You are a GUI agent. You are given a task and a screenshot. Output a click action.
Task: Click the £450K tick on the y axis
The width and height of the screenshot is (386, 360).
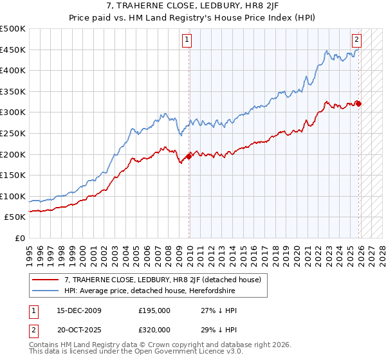tap(14, 50)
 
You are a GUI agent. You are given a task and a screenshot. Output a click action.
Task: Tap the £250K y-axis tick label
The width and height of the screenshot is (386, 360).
tap(14, 134)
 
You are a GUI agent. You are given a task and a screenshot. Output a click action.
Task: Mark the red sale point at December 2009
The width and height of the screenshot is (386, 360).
tap(188, 156)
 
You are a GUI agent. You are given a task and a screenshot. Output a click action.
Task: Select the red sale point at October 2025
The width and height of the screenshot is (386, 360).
tap(358, 104)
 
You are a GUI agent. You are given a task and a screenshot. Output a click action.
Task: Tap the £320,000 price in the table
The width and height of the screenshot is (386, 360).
tap(154, 329)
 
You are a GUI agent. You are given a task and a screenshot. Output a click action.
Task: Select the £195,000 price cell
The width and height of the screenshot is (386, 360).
tap(154, 310)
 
